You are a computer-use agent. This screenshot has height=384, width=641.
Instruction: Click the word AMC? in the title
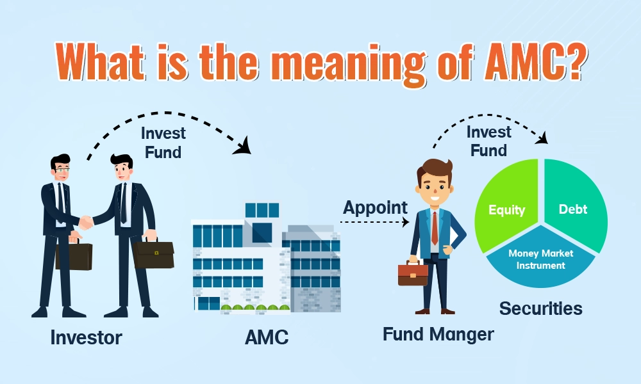[x=535, y=62]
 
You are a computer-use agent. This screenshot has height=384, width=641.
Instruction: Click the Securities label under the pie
[x=540, y=308]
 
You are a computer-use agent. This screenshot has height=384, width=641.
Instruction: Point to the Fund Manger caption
[x=438, y=335]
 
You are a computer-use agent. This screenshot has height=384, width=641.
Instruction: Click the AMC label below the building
[x=267, y=337]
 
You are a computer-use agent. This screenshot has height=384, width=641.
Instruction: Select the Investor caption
[x=87, y=338]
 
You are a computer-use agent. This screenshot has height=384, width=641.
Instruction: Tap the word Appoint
[x=375, y=208]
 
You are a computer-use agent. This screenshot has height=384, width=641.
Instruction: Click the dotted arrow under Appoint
[x=374, y=222]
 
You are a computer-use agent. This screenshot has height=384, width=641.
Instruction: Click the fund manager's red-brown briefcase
[x=413, y=273]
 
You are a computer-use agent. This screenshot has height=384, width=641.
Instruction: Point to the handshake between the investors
[x=87, y=223]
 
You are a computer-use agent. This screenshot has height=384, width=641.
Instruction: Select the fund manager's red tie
[x=435, y=228]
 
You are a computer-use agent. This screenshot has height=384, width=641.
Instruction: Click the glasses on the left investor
[x=62, y=168]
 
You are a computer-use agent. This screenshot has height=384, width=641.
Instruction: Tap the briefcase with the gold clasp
[x=154, y=254]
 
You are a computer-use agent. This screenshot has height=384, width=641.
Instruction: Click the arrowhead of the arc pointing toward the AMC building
[x=243, y=147]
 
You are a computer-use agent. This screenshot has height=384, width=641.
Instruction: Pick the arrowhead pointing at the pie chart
[x=542, y=138]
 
